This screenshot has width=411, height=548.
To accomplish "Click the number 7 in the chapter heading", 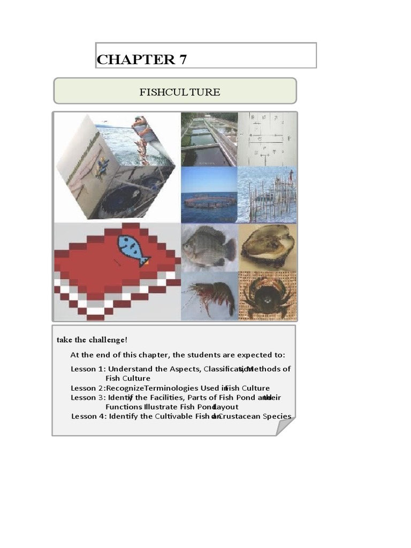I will click(182, 59).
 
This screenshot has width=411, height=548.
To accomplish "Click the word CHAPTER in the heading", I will click(135, 59).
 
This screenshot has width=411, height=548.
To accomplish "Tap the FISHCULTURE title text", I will click(179, 92).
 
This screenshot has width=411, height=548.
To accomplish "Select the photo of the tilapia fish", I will click(209, 246).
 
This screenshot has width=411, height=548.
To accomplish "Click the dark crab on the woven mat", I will click(267, 296).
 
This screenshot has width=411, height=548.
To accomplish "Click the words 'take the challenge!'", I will click(92, 340).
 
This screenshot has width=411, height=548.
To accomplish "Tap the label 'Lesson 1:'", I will click(88, 369).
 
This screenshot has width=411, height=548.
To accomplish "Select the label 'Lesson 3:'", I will click(88, 398).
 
